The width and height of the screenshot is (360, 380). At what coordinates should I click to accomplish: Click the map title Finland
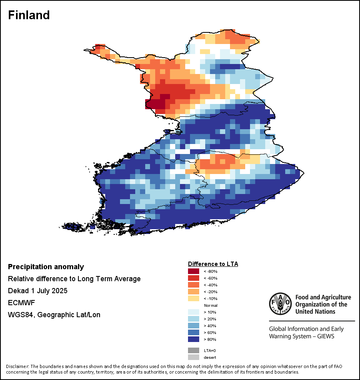coord(29,15)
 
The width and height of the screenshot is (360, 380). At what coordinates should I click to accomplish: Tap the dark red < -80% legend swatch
coord(194,272)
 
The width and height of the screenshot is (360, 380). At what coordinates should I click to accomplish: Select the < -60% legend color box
coord(194,278)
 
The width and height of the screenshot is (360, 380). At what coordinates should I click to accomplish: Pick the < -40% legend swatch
coord(194,285)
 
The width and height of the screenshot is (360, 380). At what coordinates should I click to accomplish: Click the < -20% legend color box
coord(194,292)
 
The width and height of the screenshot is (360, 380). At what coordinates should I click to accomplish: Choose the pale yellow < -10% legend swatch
coord(194,299)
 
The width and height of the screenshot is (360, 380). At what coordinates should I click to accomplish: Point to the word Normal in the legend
coord(210,305)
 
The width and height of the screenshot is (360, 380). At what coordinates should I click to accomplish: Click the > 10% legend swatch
coord(194,312)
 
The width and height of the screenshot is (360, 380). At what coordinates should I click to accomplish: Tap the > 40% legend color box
coord(194,326)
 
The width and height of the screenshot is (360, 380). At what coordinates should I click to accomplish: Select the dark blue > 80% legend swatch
coord(194,340)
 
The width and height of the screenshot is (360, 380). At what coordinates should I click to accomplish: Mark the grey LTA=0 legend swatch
coord(194,350)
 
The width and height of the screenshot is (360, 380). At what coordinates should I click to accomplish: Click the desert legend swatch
coord(194,357)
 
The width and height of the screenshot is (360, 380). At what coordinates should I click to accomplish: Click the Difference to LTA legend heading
coord(213,264)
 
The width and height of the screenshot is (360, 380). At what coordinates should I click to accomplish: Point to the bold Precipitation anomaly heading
coord(46,267)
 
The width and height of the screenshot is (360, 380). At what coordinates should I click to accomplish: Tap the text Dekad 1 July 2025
coord(38,291)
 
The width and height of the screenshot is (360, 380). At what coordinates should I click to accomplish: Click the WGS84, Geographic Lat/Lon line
coord(54,315)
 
